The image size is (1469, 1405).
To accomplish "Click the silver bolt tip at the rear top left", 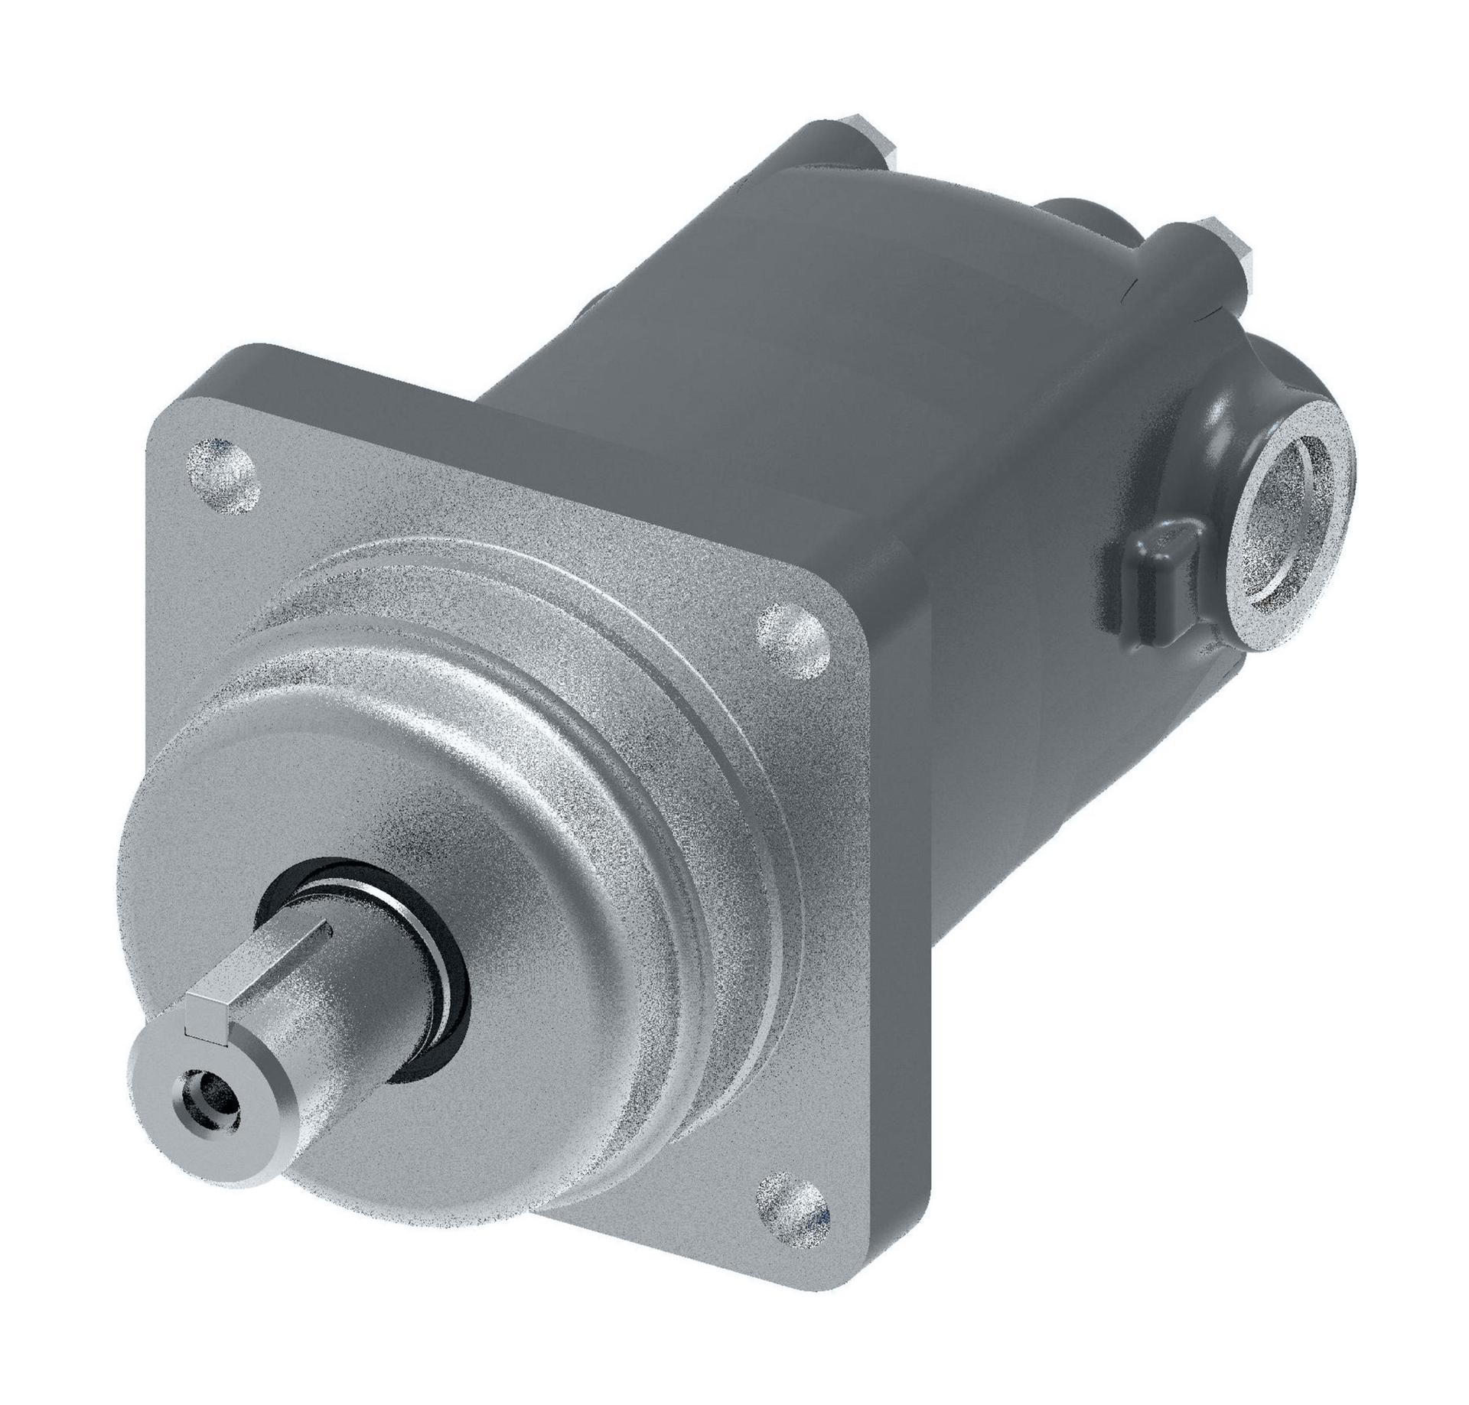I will [x=872, y=145].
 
